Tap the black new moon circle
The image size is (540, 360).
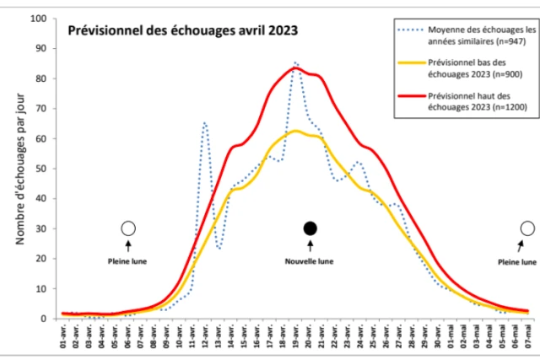[310, 228]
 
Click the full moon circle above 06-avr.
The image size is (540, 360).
[128, 228]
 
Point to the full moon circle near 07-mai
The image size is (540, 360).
[528, 228]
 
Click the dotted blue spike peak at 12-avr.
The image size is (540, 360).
[205, 123]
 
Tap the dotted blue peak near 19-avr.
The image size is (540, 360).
[296, 62]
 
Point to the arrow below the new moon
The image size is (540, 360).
[310, 245]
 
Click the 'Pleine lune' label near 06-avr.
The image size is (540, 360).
[128, 261]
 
